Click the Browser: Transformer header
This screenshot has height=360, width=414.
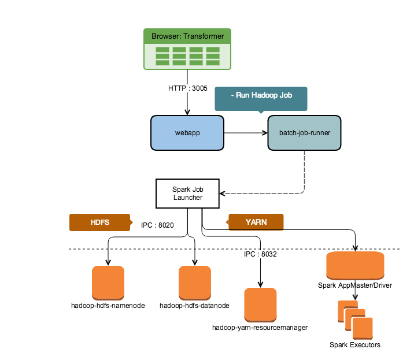click(x=187, y=36)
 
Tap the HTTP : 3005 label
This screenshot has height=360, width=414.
click(x=187, y=88)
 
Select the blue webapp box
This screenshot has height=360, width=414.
click(x=187, y=133)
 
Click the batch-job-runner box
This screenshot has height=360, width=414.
click(x=304, y=133)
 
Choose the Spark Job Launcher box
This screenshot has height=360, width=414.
click(x=187, y=193)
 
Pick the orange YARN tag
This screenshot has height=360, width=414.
click(x=256, y=222)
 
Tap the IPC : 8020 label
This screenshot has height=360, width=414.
click(x=157, y=225)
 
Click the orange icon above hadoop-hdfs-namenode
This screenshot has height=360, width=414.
click(x=108, y=282)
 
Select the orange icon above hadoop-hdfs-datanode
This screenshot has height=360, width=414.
click(x=195, y=282)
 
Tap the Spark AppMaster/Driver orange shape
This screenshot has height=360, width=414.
click(x=355, y=266)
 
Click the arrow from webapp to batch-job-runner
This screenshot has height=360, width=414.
click(x=246, y=133)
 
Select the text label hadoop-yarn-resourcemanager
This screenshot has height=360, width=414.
click(x=260, y=327)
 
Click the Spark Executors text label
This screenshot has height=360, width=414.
click(x=355, y=345)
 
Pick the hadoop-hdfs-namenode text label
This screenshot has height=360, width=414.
click(x=108, y=305)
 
